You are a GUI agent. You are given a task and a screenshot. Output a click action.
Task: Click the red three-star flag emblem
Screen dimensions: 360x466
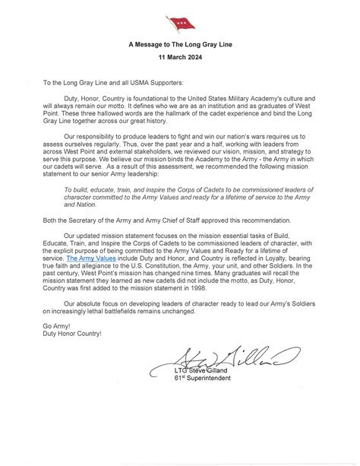pyautogui.click(x=180, y=24)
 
